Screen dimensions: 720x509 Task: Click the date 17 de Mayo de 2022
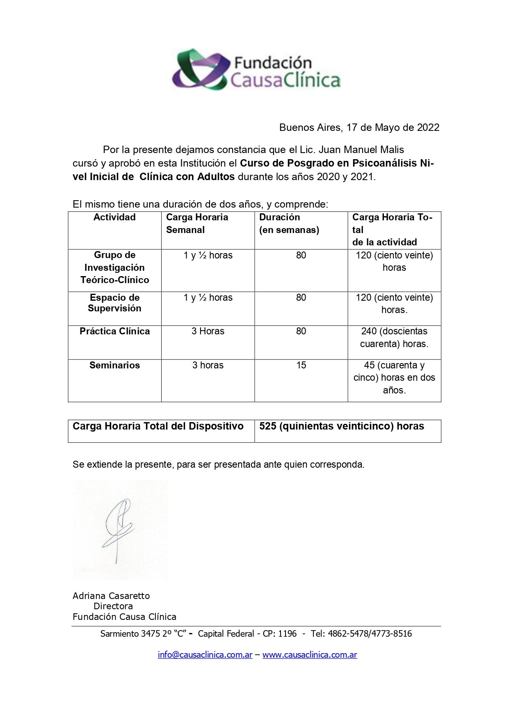click(x=393, y=128)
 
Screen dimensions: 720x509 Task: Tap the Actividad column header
click(x=114, y=217)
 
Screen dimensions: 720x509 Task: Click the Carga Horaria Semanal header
click(x=197, y=223)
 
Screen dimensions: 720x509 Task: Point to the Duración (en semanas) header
click(x=289, y=223)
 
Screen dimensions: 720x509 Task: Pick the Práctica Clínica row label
click(x=114, y=331)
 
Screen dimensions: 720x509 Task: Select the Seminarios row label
click(x=114, y=366)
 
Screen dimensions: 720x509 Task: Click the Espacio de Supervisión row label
click(x=114, y=303)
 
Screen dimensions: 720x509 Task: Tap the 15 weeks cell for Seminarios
click(x=301, y=366)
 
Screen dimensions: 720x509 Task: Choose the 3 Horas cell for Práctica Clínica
click(x=208, y=331)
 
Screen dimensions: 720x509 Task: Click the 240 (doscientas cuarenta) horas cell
click(x=394, y=338)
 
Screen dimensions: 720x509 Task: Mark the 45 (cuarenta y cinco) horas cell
click(x=394, y=377)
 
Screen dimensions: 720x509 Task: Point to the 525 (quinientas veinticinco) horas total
click(x=342, y=426)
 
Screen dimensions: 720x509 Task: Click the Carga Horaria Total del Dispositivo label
click(x=158, y=426)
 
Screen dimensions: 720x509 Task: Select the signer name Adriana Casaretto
click(x=111, y=596)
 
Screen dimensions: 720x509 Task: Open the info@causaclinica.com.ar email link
click(x=205, y=655)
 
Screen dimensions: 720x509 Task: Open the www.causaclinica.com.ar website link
click(x=310, y=655)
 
